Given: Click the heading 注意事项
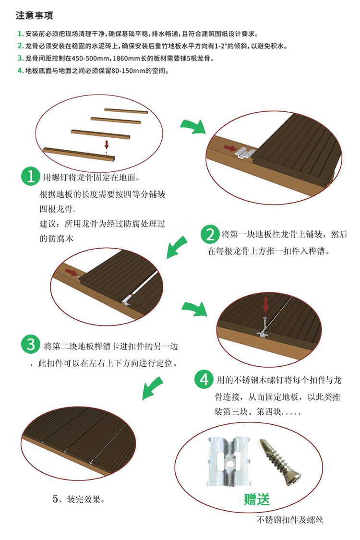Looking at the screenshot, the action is point(35,15).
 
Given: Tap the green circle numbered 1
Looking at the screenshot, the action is point(31,176).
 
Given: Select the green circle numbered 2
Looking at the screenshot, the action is point(210,234).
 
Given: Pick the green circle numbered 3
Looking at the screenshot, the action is point(31,345).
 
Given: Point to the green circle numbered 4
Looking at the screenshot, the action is point(204,380).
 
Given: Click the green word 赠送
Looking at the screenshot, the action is point(257,499).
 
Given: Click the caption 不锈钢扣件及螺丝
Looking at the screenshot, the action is point(290,520).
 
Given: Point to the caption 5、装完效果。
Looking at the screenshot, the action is point(79,499).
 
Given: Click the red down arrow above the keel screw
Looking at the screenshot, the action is point(107,144).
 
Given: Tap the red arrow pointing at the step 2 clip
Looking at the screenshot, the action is point(230,148).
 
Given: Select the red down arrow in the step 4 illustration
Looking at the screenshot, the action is point(265,305).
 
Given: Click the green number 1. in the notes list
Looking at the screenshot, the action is point(20,34).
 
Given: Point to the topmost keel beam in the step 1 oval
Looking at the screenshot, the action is point(126,111).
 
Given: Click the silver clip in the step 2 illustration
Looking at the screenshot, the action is point(246,152).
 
